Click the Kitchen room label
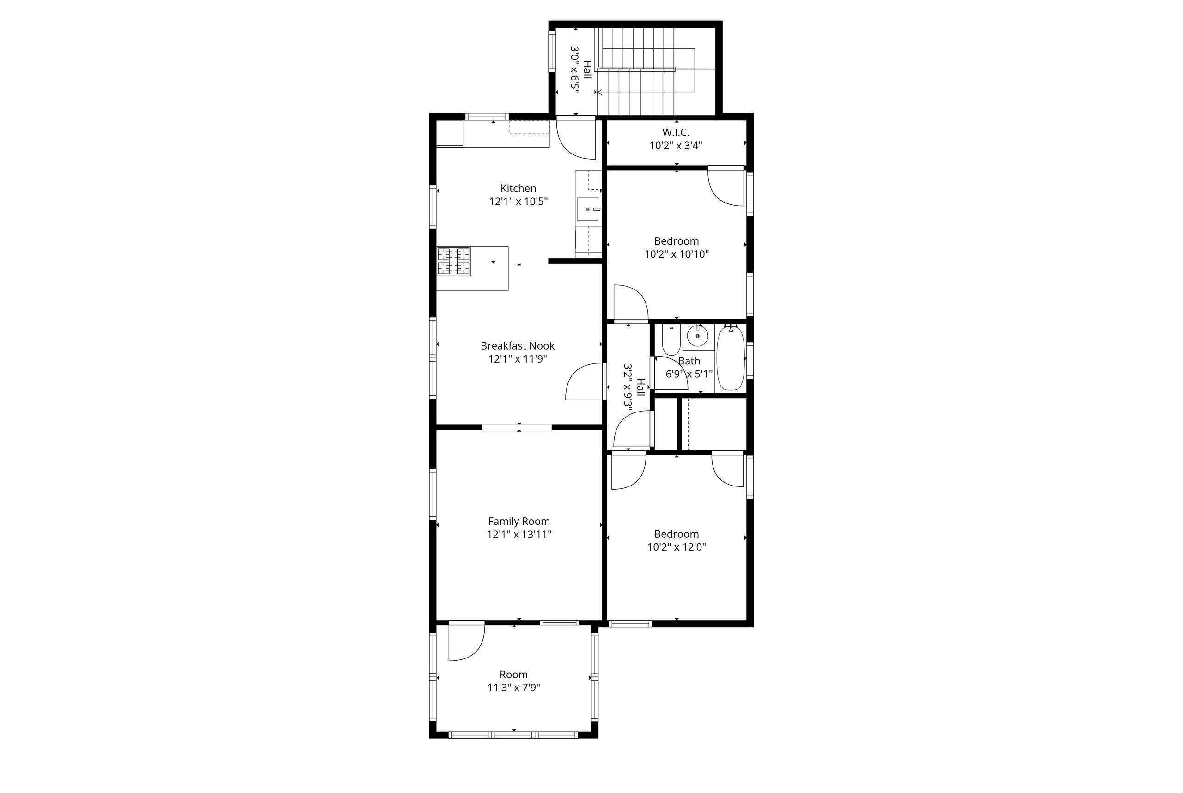pyautogui.click(x=518, y=189)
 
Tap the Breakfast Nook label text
pyautogui.click(x=518, y=346)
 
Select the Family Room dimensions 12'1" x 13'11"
pyautogui.click(x=519, y=534)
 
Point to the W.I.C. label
pyautogui.click(x=676, y=133)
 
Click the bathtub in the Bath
pyautogui.click(x=731, y=358)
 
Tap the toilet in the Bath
pyautogui.click(x=671, y=340)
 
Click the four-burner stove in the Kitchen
pyautogui.click(x=454, y=261)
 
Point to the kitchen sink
pyautogui.click(x=588, y=209)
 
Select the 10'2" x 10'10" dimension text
pyautogui.click(x=677, y=254)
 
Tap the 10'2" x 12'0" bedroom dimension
pyautogui.click(x=677, y=547)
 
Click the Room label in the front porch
pyautogui.click(x=513, y=675)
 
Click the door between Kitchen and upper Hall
pyautogui.click(x=576, y=138)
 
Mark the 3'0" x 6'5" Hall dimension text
pyautogui.click(x=574, y=70)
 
